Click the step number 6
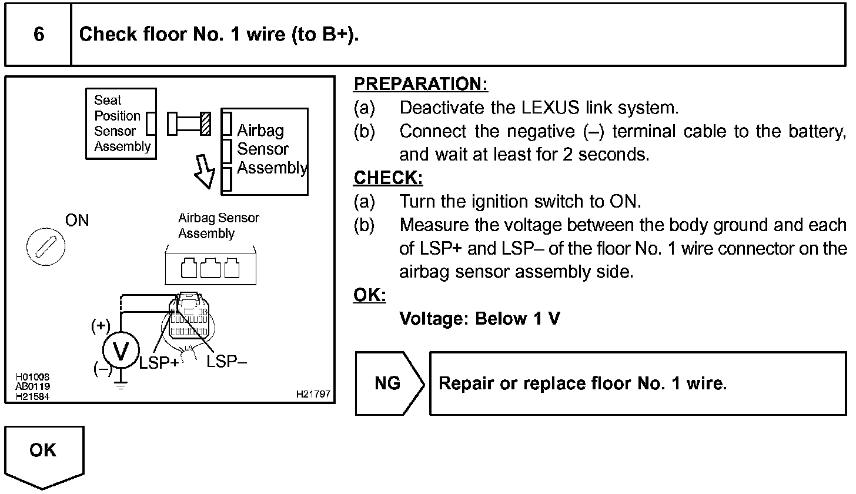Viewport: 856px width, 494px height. click(38, 35)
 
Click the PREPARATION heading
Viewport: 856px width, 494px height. click(420, 85)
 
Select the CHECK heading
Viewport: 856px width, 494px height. click(388, 178)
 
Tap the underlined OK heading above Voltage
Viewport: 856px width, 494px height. click(369, 295)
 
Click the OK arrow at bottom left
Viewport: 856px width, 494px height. click(44, 455)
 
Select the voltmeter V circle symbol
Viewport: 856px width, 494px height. click(121, 351)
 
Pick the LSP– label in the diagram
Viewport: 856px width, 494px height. click(226, 362)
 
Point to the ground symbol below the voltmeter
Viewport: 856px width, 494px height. click(121, 386)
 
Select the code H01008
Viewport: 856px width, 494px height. click(33, 377)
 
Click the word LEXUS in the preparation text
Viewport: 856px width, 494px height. click(544, 108)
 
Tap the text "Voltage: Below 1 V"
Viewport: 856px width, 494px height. click(479, 319)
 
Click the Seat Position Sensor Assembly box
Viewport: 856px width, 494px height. click(121, 123)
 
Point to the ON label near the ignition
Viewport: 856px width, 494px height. click(77, 221)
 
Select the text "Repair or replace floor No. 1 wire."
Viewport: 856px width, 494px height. click(582, 383)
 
